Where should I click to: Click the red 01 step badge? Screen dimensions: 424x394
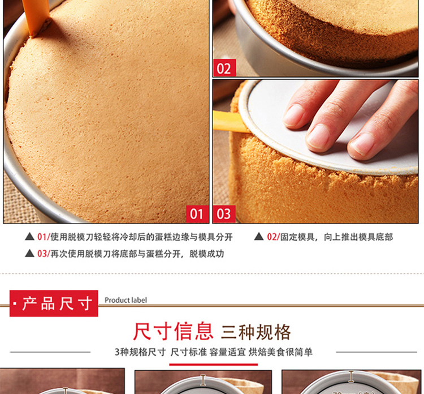197,214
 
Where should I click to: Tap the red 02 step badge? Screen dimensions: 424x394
224,68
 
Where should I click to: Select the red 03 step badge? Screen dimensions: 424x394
224,214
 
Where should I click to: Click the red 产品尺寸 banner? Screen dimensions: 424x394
54,303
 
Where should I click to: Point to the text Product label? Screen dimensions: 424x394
126,300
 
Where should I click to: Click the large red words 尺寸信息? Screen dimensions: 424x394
174,332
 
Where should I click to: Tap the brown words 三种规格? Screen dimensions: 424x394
256,332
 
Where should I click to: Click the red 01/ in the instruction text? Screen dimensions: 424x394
44,237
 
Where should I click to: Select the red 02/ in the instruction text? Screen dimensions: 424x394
274,237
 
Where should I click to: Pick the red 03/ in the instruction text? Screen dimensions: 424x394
44,254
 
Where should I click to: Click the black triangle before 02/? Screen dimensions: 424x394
259,237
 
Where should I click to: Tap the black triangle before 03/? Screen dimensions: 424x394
29,253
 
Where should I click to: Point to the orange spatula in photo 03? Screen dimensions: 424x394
230,121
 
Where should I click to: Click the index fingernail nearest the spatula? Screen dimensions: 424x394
293,115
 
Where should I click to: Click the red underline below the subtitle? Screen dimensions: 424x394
214,365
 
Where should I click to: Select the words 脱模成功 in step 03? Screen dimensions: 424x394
206,254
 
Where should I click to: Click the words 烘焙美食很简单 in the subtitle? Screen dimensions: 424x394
280,352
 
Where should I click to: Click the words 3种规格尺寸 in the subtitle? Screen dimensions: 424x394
140,352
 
